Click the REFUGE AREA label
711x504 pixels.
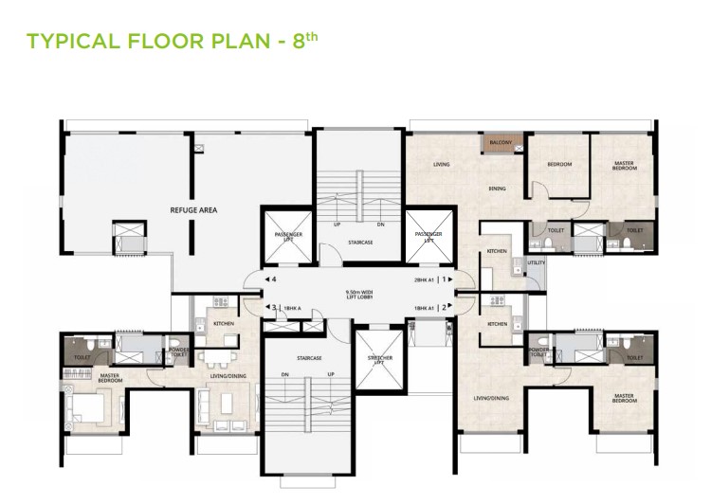point(194,210)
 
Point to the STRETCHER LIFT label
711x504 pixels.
point(380,359)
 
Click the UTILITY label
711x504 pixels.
point(537,262)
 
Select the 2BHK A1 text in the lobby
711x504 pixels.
point(423,280)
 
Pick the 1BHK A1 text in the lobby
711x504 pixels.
point(423,308)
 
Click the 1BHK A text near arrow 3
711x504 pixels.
point(292,308)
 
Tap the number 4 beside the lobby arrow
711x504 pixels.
point(273,280)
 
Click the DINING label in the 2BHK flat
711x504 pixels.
point(498,189)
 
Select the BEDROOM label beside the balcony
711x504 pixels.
point(559,165)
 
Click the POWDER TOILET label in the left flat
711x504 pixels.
point(179,352)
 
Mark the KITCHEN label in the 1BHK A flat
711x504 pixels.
point(224,324)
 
